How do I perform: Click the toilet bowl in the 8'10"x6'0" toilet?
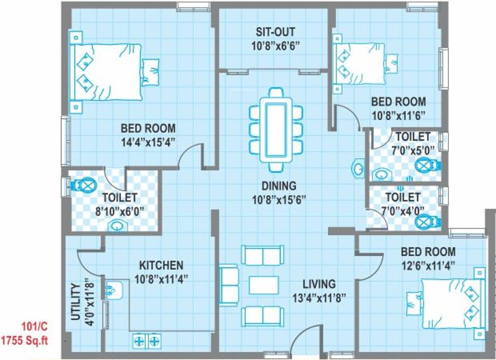click(x=86, y=185)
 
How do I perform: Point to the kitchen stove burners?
click(x=147, y=341)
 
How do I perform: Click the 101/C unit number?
click(x=34, y=327)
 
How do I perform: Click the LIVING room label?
click(x=319, y=283)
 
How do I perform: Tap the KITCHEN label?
click(x=161, y=265)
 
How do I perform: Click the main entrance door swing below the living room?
click(x=307, y=340)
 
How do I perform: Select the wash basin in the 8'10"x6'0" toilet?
click(x=118, y=225)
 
